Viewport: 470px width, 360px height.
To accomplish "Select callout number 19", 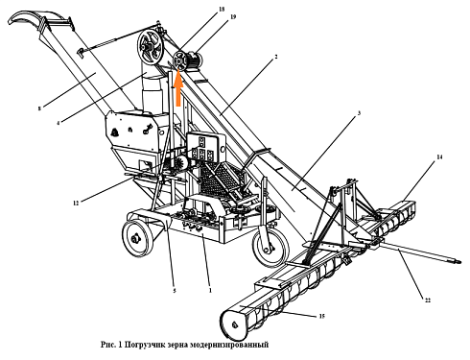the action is pos(205,17).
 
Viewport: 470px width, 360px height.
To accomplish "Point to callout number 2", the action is pos(276,59).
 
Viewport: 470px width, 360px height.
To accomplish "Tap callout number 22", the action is pos(429,300).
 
